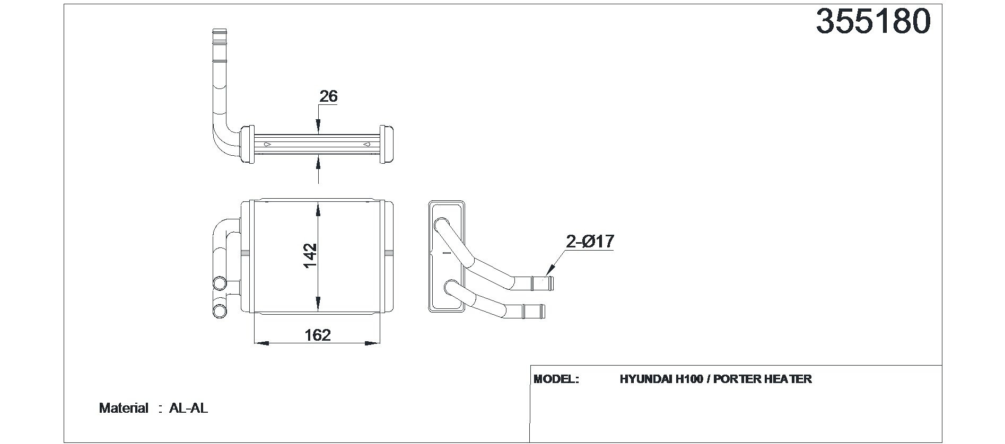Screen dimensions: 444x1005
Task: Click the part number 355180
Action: pyautogui.click(x=873, y=22)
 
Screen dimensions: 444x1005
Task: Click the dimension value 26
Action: pyautogui.click(x=328, y=96)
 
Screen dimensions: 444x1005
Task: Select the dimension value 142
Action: pyautogui.click(x=310, y=255)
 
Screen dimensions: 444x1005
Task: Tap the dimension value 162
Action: pyautogui.click(x=318, y=335)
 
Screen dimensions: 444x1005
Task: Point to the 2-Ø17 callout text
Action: pyautogui.click(x=590, y=242)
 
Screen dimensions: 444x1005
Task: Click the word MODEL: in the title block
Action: pyautogui.click(x=556, y=379)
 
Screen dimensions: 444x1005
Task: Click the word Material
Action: pyautogui.click(x=124, y=408)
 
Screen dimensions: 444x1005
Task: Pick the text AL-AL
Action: pyautogui.click(x=188, y=408)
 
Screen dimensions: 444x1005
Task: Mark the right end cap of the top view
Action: pyautogui.click(x=387, y=144)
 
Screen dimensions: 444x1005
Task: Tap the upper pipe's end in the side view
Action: pyautogui.click(x=548, y=283)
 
